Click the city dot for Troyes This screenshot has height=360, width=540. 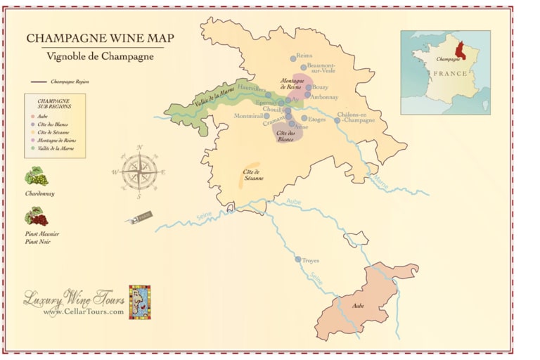(298, 259)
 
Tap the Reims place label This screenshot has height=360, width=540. (304, 56)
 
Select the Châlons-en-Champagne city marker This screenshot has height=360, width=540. (337, 120)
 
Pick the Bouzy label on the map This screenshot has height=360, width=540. (321, 87)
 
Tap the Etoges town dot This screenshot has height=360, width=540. (304, 118)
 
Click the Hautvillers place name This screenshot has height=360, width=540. (252, 89)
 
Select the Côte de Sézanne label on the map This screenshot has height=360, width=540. (253, 174)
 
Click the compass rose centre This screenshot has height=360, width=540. (139, 171)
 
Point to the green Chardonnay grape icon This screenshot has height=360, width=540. (35, 176)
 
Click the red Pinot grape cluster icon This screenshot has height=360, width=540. (35, 216)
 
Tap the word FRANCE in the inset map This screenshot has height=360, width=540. (450, 73)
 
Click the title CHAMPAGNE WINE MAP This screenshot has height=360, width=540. (100, 38)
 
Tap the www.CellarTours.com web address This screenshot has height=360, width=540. (83, 311)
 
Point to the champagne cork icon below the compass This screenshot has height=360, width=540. (140, 219)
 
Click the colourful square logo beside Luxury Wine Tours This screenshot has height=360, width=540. (139, 302)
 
